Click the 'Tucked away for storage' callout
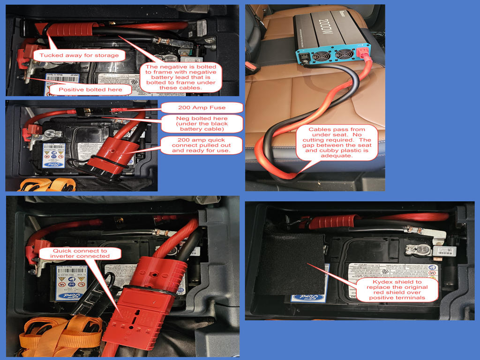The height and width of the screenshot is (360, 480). [79, 55]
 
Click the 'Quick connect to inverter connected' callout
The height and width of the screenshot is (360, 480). [80, 253]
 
